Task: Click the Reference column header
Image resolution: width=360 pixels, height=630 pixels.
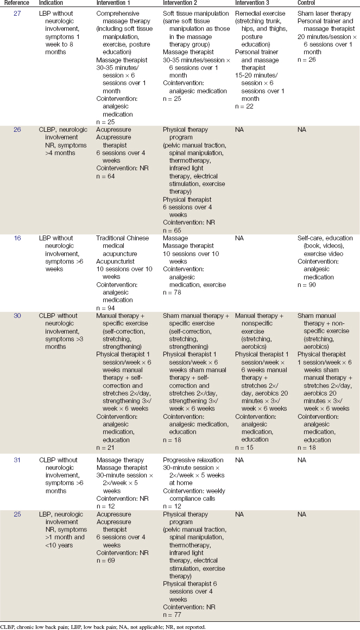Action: [16, 3]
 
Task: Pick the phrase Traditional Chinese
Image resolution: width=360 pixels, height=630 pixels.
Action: [121, 238]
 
